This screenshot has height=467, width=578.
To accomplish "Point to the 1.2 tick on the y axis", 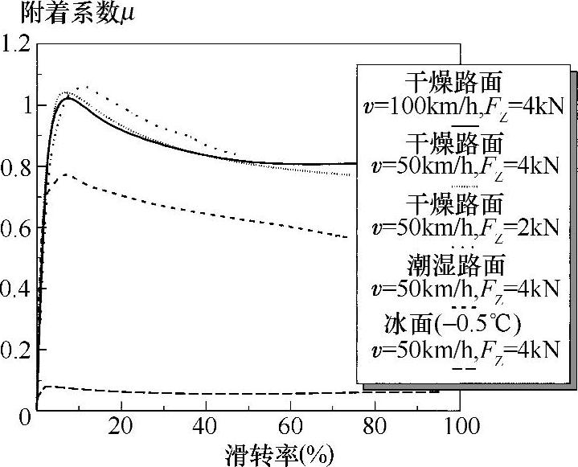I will (17, 44).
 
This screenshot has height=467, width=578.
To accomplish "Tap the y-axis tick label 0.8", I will (17, 168).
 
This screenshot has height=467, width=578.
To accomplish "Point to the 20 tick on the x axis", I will (121, 426).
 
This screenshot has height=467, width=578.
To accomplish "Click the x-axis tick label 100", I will (461, 426).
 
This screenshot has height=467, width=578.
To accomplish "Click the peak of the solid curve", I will (68, 98).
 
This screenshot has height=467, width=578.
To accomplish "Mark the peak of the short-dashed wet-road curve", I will (66, 174).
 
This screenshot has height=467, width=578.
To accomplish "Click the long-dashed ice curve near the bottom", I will (201, 393).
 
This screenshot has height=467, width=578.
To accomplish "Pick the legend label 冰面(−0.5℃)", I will (455, 324).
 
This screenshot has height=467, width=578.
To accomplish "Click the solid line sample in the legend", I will (465, 125).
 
